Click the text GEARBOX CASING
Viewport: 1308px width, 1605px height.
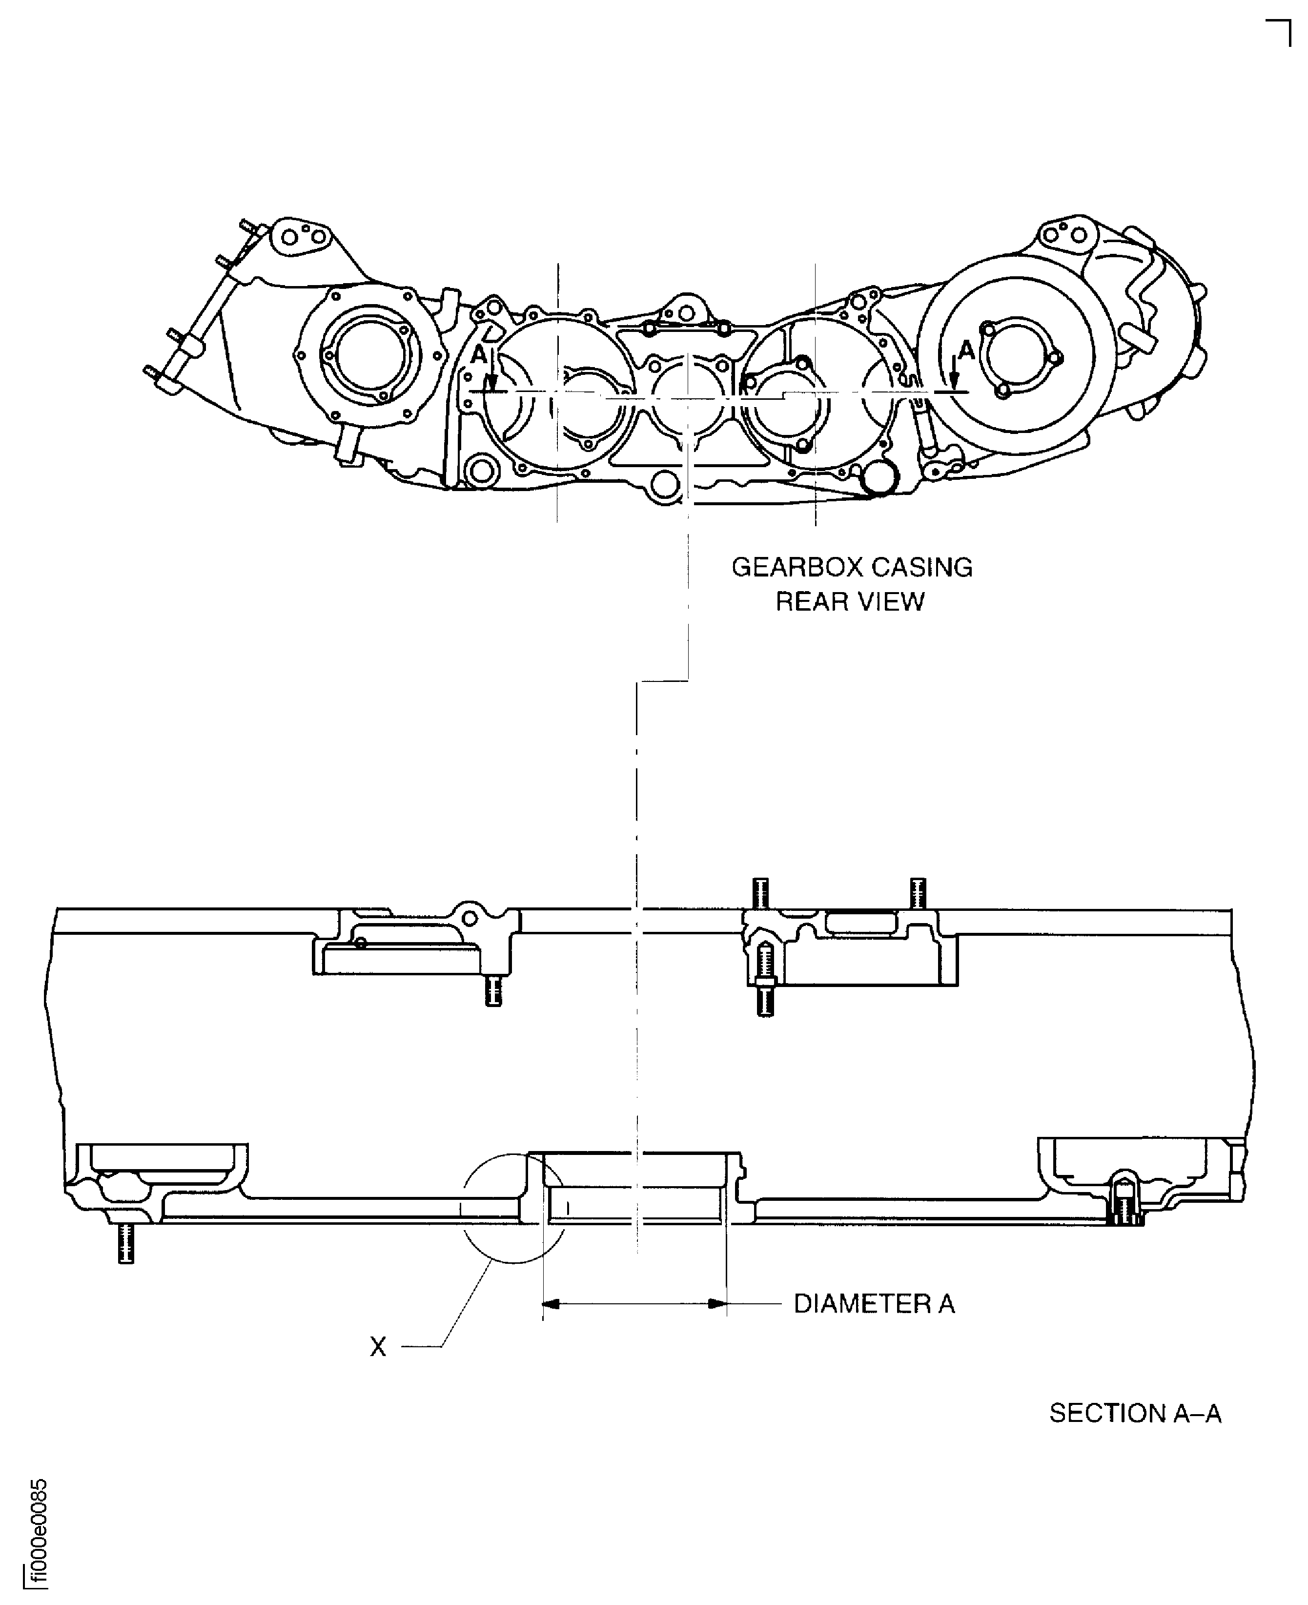tap(851, 567)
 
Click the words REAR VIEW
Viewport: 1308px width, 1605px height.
tap(850, 601)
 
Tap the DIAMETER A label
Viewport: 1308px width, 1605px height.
tap(874, 1304)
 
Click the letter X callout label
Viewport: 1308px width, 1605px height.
tap(377, 1347)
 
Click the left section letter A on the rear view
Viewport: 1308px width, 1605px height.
tap(478, 354)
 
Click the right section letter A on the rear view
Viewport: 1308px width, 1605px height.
tap(966, 350)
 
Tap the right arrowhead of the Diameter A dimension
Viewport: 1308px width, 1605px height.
tap(717, 1304)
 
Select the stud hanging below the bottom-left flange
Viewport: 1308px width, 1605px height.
tap(126, 1243)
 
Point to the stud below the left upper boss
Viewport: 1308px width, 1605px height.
tap(493, 991)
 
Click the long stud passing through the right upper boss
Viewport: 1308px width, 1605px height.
tap(765, 980)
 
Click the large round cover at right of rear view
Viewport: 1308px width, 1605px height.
tap(1017, 352)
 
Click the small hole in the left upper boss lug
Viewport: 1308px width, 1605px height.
tap(470, 918)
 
